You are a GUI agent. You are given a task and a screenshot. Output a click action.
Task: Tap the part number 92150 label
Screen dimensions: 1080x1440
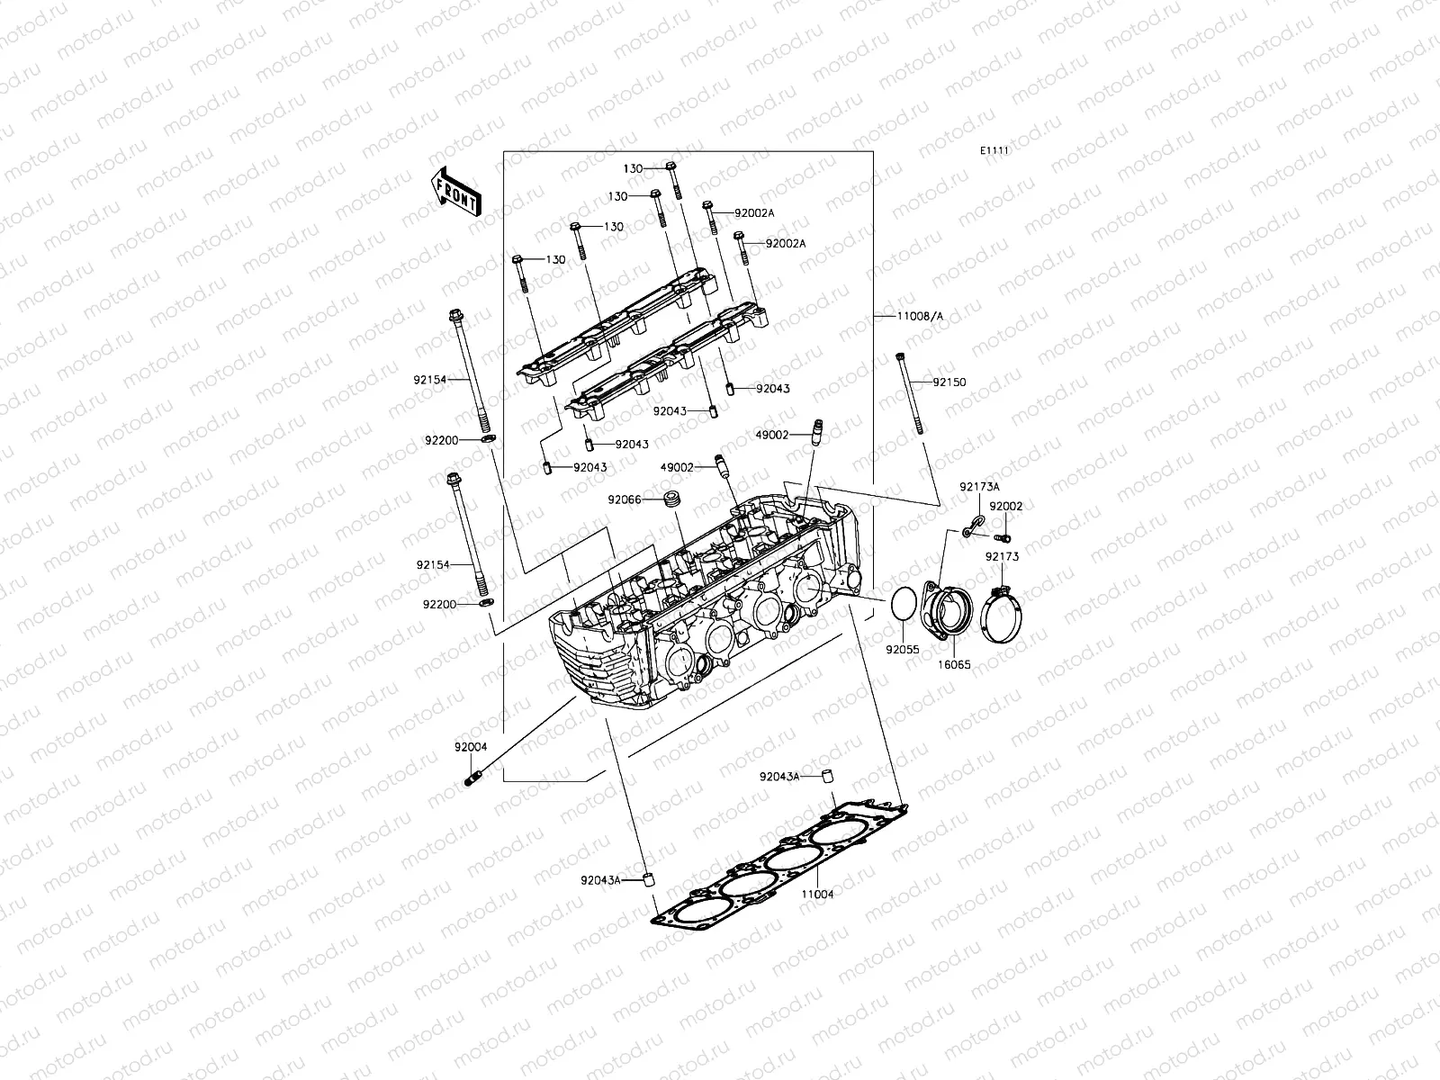[x=949, y=382]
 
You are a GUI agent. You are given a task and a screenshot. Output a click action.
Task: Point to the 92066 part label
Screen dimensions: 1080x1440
[x=624, y=499]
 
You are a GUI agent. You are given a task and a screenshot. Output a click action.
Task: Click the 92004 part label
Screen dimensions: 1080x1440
[x=471, y=746]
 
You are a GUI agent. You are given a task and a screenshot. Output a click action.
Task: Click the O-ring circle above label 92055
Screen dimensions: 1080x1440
[x=904, y=604]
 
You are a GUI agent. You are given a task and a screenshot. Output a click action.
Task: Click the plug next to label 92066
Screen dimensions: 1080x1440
[x=669, y=499]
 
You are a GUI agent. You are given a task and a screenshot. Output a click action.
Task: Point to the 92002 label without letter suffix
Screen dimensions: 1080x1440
[x=1006, y=507]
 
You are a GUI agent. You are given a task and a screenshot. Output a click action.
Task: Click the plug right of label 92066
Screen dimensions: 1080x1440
[x=669, y=499]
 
